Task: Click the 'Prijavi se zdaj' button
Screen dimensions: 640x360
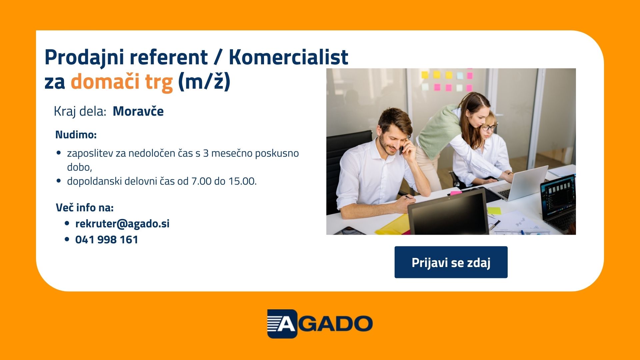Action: click(x=451, y=262)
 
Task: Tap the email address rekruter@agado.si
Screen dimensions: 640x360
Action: click(x=122, y=224)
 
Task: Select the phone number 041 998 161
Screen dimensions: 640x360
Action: click(x=107, y=240)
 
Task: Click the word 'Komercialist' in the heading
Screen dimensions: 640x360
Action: click(x=288, y=57)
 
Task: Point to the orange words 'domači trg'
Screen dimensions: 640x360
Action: click(x=122, y=82)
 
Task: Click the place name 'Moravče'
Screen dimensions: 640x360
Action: click(x=138, y=111)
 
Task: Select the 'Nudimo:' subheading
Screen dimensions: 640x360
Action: click(x=76, y=135)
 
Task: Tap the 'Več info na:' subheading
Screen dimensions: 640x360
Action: click(x=85, y=207)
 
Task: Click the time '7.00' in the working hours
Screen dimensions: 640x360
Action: click(x=201, y=181)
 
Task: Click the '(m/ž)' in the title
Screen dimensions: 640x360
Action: click(x=204, y=82)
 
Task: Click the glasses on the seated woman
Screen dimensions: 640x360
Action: click(x=489, y=127)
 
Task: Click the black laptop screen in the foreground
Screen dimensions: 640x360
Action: click(x=449, y=212)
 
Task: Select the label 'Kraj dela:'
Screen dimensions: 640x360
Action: click(x=80, y=111)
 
